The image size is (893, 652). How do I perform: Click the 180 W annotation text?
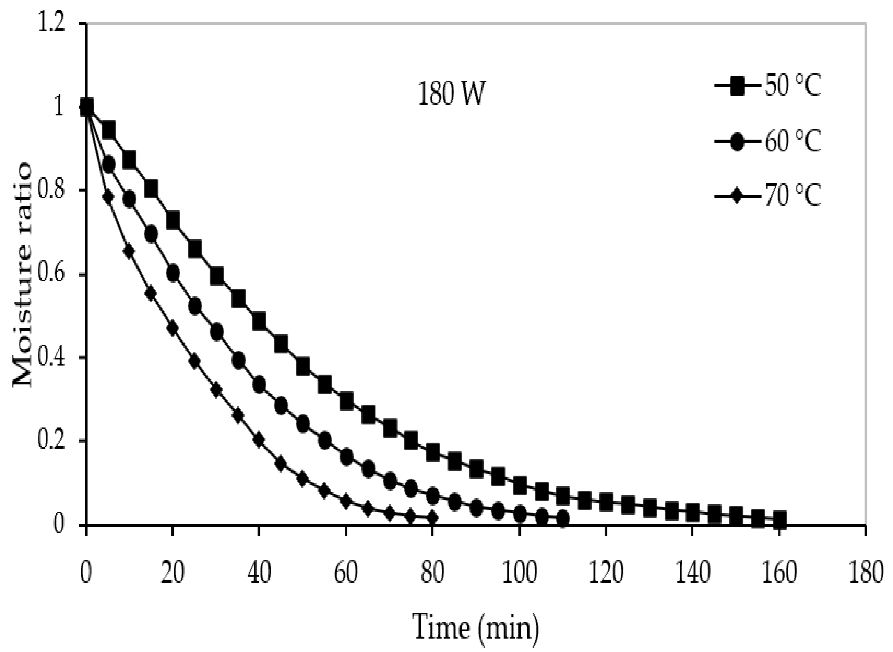pyautogui.click(x=450, y=96)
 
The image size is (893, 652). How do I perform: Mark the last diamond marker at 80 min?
pyautogui.click(x=433, y=518)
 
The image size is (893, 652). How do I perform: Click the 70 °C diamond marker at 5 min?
pyautogui.click(x=108, y=197)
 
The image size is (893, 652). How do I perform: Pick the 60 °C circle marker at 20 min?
pyautogui.click(x=173, y=273)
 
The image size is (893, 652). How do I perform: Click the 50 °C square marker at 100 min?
pyautogui.click(x=520, y=485)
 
